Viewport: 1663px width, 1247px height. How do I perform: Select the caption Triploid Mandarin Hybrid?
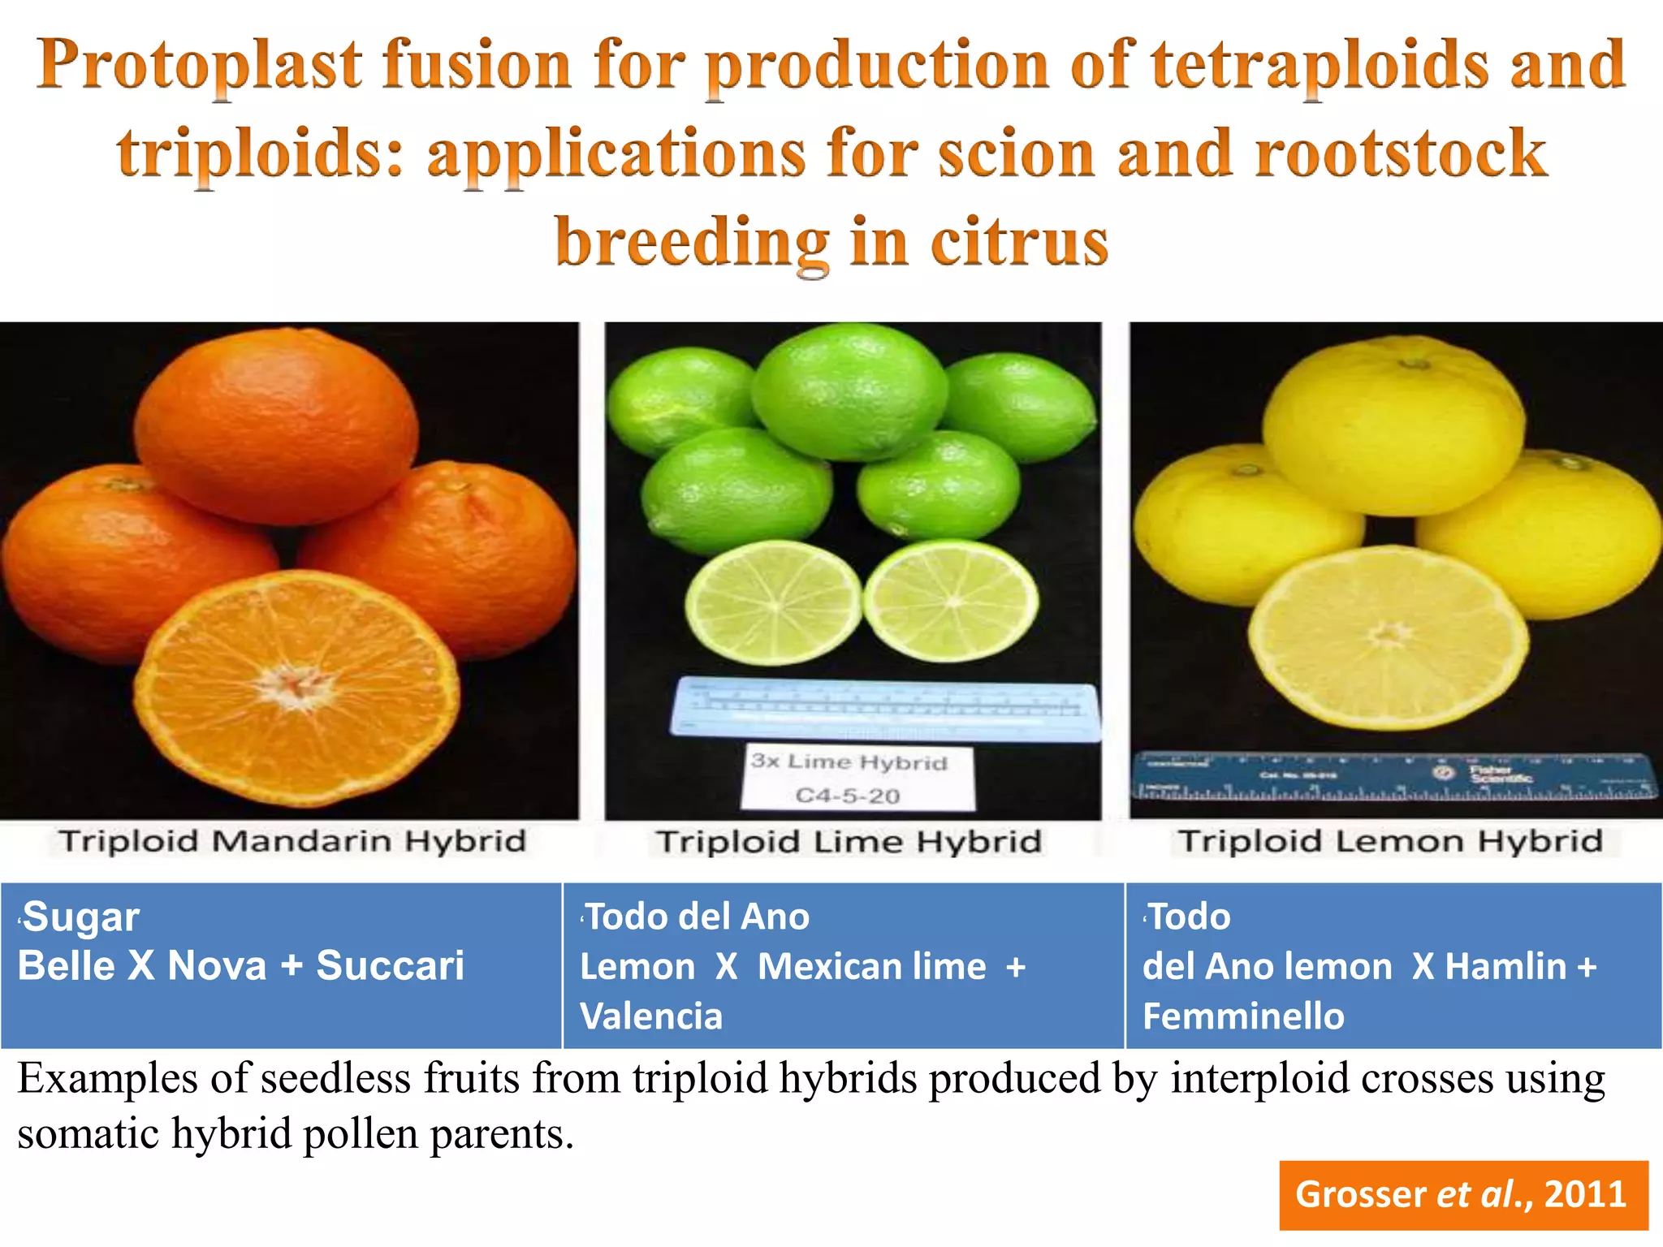coord(292,841)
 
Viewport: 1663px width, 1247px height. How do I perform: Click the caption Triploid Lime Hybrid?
coord(849,842)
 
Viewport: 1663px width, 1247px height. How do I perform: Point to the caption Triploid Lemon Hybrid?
coord(1390,841)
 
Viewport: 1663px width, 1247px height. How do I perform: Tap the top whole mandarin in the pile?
coord(276,422)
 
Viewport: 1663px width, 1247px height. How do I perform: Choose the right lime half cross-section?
coord(951,601)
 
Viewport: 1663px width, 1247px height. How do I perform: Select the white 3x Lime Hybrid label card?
coord(857,778)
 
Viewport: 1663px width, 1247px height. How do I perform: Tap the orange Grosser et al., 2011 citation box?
coord(1462,1194)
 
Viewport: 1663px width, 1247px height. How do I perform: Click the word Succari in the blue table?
coord(390,966)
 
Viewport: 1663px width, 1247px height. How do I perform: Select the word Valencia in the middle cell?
coord(651,1016)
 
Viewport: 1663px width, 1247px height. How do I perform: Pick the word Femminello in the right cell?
coord(1243,1016)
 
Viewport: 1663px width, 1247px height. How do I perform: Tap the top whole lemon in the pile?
coord(1393,426)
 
